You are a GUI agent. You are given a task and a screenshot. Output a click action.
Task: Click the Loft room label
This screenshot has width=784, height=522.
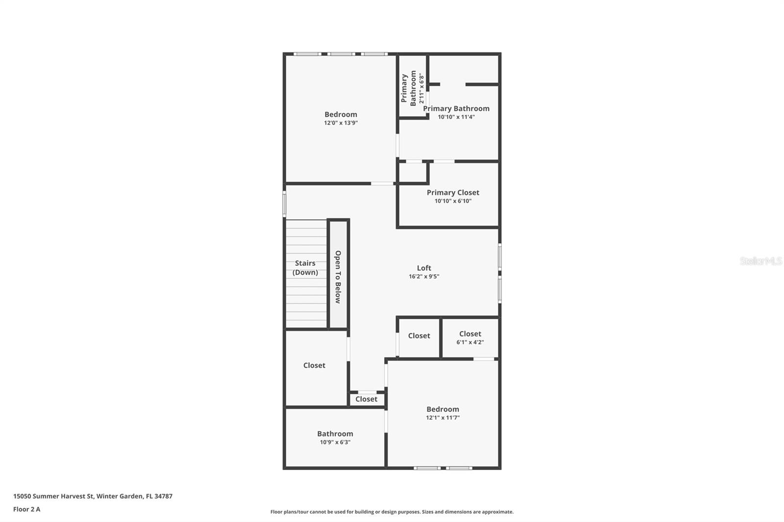click(424, 268)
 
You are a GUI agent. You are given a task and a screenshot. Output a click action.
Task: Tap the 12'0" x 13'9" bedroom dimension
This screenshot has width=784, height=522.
click(341, 123)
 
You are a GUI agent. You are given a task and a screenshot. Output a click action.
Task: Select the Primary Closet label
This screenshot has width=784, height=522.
click(453, 192)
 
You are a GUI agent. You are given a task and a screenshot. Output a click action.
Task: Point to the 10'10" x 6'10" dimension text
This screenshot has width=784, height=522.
click(453, 201)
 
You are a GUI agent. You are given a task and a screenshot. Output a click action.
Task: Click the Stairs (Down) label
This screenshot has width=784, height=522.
click(305, 268)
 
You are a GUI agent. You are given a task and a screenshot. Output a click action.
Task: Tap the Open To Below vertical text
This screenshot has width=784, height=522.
click(338, 277)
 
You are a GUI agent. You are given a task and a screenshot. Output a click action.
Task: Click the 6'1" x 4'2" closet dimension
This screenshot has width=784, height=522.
click(470, 342)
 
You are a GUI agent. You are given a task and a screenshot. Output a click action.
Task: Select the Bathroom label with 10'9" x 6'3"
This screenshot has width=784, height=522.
click(335, 433)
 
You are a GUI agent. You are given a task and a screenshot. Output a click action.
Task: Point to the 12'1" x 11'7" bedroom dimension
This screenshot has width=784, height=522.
click(442, 418)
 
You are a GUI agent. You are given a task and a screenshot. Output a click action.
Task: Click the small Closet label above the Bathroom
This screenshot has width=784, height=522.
click(366, 399)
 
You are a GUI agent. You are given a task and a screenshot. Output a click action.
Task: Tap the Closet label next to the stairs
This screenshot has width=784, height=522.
click(314, 365)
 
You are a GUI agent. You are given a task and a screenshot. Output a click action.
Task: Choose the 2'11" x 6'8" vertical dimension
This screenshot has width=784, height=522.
click(421, 88)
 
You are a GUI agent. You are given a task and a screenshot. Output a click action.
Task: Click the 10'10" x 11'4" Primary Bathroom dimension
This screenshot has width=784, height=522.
click(456, 117)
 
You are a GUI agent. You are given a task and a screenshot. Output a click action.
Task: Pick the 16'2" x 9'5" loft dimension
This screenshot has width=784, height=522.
click(424, 276)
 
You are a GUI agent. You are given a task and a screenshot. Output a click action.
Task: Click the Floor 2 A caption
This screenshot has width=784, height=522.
click(26, 509)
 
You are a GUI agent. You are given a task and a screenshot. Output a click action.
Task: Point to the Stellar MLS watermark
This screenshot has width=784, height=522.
click(760, 261)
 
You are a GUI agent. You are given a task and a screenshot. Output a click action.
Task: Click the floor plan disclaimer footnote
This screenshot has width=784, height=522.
click(392, 512)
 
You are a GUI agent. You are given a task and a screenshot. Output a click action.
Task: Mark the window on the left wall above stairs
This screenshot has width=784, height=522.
click(284, 204)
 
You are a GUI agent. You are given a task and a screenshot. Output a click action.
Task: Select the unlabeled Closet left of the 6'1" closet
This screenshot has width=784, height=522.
click(419, 335)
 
